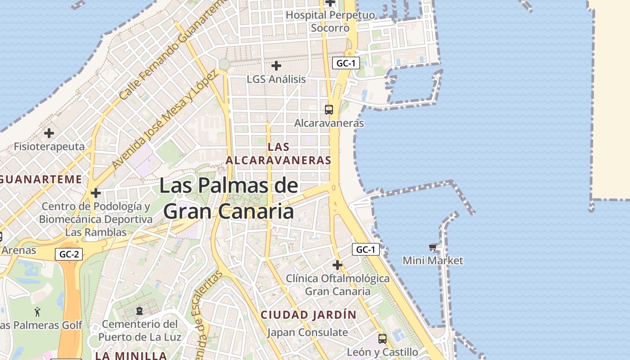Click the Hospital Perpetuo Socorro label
pyautogui.click(x=330, y=21)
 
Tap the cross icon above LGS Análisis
pyautogui.click(x=276, y=66)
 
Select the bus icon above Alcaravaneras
pyautogui.click(x=329, y=109)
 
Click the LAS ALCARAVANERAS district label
pyautogui.click(x=279, y=153)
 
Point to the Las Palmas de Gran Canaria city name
pyautogui.click(x=229, y=198)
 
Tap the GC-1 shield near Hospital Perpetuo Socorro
pyautogui.click(x=346, y=63)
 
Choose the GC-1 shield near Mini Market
pyautogui.click(x=365, y=249)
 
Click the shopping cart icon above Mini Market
pyautogui.click(x=433, y=247)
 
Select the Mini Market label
pyautogui.click(x=433, y=261)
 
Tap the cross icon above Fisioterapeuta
pyautogui.click(x=49, y=133)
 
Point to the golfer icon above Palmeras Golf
pyautogui.click(x=37, y=311)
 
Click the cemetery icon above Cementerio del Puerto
pyautogui.click(x=139, y=311)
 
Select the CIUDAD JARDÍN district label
pyautogui.click(x=309, y=315)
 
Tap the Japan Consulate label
pyautogui.click(x=307, y=333)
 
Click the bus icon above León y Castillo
pyautogui.click(x=382, y=338)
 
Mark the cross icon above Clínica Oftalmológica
pyautogui.click(x=337, y=265)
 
